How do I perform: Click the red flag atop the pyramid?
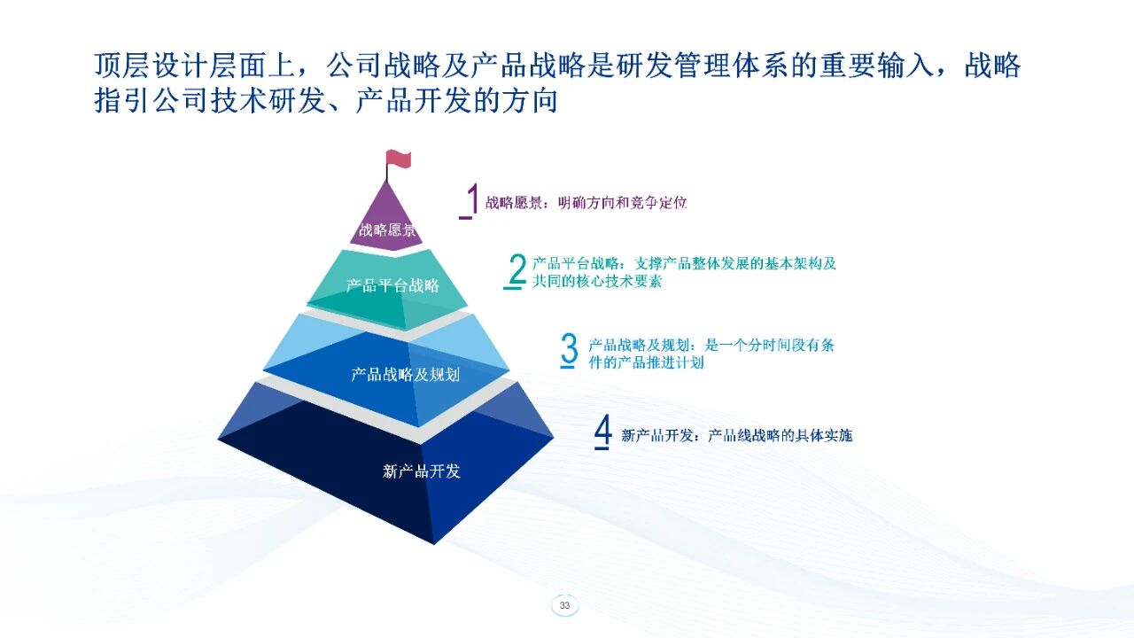(x=399, y=158)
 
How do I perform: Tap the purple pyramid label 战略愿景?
(x=387, y=230)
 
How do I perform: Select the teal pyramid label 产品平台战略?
(x=392, y=285)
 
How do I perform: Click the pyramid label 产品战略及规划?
(x=405, y=375)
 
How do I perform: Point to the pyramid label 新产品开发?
(x=421, y=471)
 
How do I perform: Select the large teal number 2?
(x=517, y=268)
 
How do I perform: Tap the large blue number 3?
(x=570, y=348)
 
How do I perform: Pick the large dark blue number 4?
(x=603, y=430)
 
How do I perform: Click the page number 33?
(x=564, y=605)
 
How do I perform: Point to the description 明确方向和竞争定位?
(x=622, y=203)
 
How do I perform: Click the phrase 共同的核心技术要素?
(x=597, y=281)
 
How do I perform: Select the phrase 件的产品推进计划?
(x=646, y=362)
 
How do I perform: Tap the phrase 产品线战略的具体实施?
(x=781, y=435)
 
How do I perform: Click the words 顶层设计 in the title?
(x=151, y=66)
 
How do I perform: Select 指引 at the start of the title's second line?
(x=122, y=100)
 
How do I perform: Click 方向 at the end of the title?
(x=530, y=100)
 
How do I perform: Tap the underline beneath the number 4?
(x=602, y=447)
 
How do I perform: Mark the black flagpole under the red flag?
(x=387, y=172)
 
